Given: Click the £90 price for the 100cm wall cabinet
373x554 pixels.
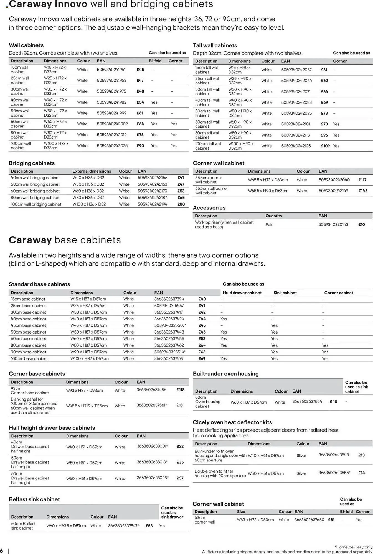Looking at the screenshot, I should tap(140, 146).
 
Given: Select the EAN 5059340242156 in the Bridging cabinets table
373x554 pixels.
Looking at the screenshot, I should tap(152, 178).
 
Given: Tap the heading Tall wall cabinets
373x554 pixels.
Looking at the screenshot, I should tap(215, 45).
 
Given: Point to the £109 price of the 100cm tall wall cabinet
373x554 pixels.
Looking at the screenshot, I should tap(325, 146).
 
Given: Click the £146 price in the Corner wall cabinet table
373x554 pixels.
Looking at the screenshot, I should tap(363, 191).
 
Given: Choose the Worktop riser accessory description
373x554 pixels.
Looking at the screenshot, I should tap(224, 224).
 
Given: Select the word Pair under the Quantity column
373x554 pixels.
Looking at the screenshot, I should tap(269, 224).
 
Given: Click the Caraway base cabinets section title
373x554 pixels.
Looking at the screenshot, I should tap(65, 240).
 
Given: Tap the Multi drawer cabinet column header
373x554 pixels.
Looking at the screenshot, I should tap(242, 293).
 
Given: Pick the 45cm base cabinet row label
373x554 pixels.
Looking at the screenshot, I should tap(28, 325).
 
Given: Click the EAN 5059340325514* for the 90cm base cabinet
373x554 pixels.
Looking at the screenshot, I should tap(170, 352).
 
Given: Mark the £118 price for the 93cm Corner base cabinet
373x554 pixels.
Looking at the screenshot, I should tap(180, 390).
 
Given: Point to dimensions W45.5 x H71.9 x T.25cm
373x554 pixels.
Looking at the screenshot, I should tap(87, 406).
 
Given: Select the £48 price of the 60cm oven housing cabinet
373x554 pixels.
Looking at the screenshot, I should tap(333, 402).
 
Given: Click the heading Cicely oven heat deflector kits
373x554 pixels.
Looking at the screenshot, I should tap(232, 422).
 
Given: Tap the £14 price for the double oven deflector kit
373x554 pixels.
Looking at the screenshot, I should tap(361, 473).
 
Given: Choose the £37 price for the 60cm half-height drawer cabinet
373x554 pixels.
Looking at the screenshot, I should tap(180, 478).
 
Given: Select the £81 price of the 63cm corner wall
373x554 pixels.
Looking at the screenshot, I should tap(331, 520).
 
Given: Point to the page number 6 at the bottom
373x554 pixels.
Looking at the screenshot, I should tap(2, 550).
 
